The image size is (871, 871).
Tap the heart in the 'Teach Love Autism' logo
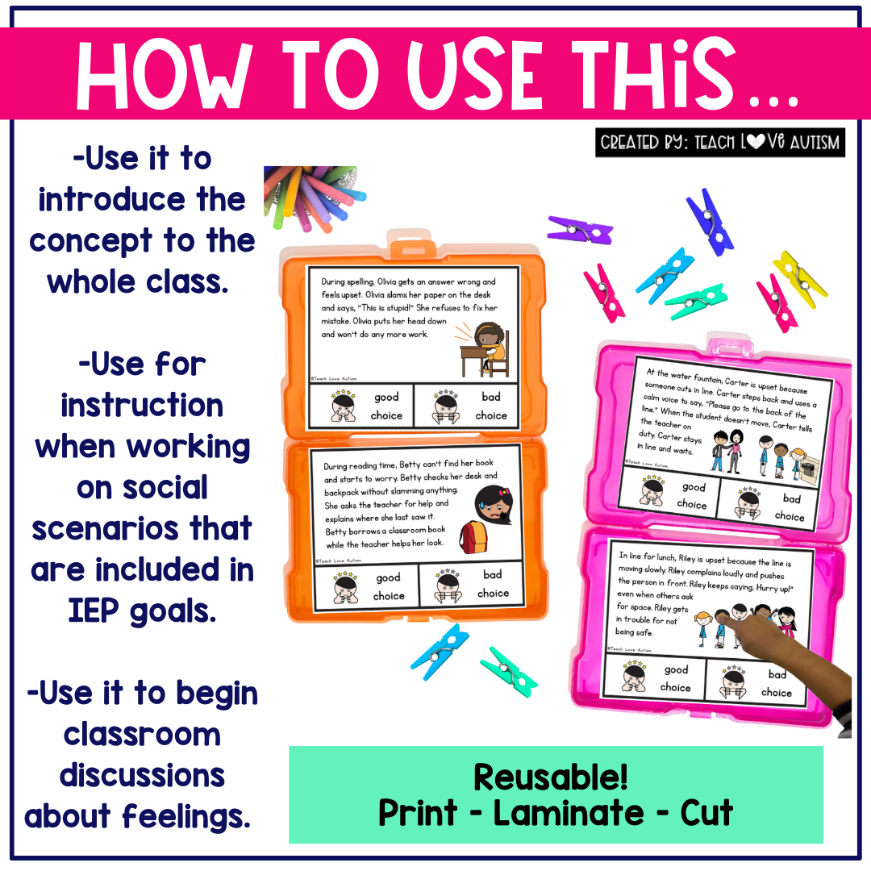pyautogui.click(x=755, y=142)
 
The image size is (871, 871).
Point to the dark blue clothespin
pyautogui.click(x=710, y=222)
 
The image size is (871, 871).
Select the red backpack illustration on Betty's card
pyautogui.click(x=473, y=537)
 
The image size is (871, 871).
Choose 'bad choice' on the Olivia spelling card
pyautogui.click(x=466, y=406)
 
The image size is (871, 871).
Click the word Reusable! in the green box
pyautogui.click(x=551, y=777)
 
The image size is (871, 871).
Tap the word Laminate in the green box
pyautogui.click(x=569, y=814)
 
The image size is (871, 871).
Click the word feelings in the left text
pyautogui.click(x=186, y=816)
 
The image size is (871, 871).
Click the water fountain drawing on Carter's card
pyautogui.click(x=806, y=466)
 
